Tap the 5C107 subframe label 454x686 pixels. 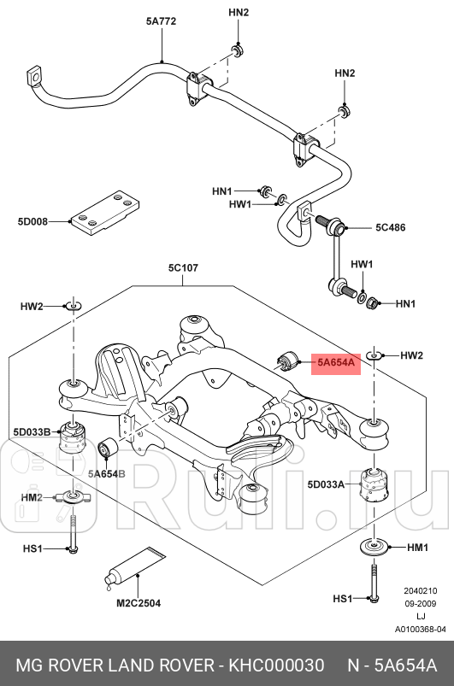[x=183, y=268]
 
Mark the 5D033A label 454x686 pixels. [x=326, y=485]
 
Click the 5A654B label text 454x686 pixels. [x=106, y=473]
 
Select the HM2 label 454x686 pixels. [x=32, y=497]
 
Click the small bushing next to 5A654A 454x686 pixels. [x=286, y=360]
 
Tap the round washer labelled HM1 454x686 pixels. [x=373, y=548]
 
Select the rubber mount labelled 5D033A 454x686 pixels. [x=374, y=487]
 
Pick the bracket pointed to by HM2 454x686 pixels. [x=70, y=496]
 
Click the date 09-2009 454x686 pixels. [x=420, y=603]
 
